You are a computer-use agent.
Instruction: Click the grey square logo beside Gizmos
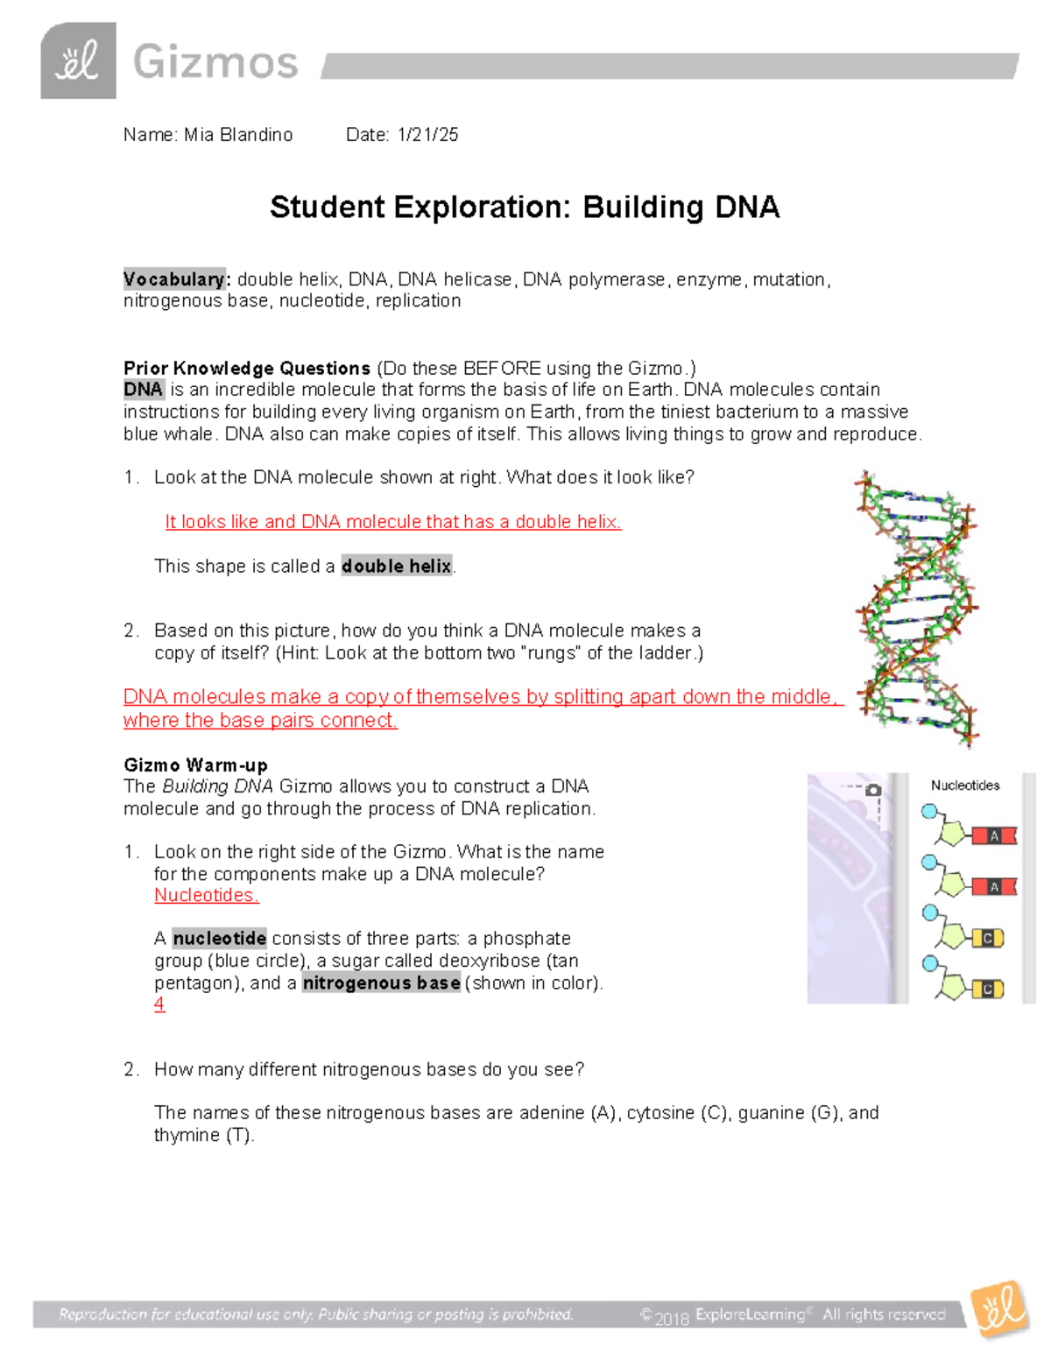78,60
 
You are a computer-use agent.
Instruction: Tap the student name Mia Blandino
238,135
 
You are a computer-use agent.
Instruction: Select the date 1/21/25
427,135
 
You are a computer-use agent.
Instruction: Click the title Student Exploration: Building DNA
524,208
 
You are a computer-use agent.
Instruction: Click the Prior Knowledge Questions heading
247,368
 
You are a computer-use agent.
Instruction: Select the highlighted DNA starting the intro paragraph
143,390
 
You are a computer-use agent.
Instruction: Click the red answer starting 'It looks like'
393,522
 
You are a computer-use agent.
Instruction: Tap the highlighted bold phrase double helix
397,566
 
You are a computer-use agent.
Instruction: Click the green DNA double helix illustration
916,609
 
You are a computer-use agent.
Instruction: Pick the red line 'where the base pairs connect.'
260,721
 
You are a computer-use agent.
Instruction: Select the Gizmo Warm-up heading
195,765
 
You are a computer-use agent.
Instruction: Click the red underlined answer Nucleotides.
206,895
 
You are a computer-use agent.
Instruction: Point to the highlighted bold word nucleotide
219,939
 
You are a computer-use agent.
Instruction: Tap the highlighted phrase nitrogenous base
381,983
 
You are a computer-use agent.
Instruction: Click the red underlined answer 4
159,1004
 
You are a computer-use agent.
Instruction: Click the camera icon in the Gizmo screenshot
873,790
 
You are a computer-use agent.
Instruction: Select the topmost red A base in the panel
994,836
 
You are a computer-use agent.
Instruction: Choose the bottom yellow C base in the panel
987,990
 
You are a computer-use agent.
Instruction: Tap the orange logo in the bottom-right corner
999,1309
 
